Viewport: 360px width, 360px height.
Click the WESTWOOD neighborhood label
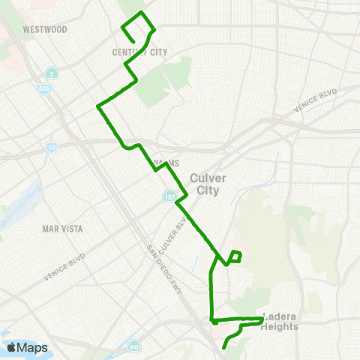45,30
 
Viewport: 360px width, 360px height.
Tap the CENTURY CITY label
139,52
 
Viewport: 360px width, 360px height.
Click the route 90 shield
133,346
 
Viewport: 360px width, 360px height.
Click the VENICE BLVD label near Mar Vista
64,266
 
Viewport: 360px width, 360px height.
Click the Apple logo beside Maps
13,347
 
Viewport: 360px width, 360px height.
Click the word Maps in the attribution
33,347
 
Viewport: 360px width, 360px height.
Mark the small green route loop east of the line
235,256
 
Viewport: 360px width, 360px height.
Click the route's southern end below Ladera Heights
224,349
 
